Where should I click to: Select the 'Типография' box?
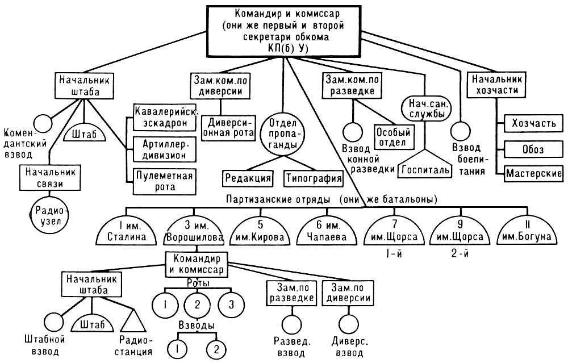314,178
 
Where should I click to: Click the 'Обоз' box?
533,149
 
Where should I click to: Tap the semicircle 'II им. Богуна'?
527,232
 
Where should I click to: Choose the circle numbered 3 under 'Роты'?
231,304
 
